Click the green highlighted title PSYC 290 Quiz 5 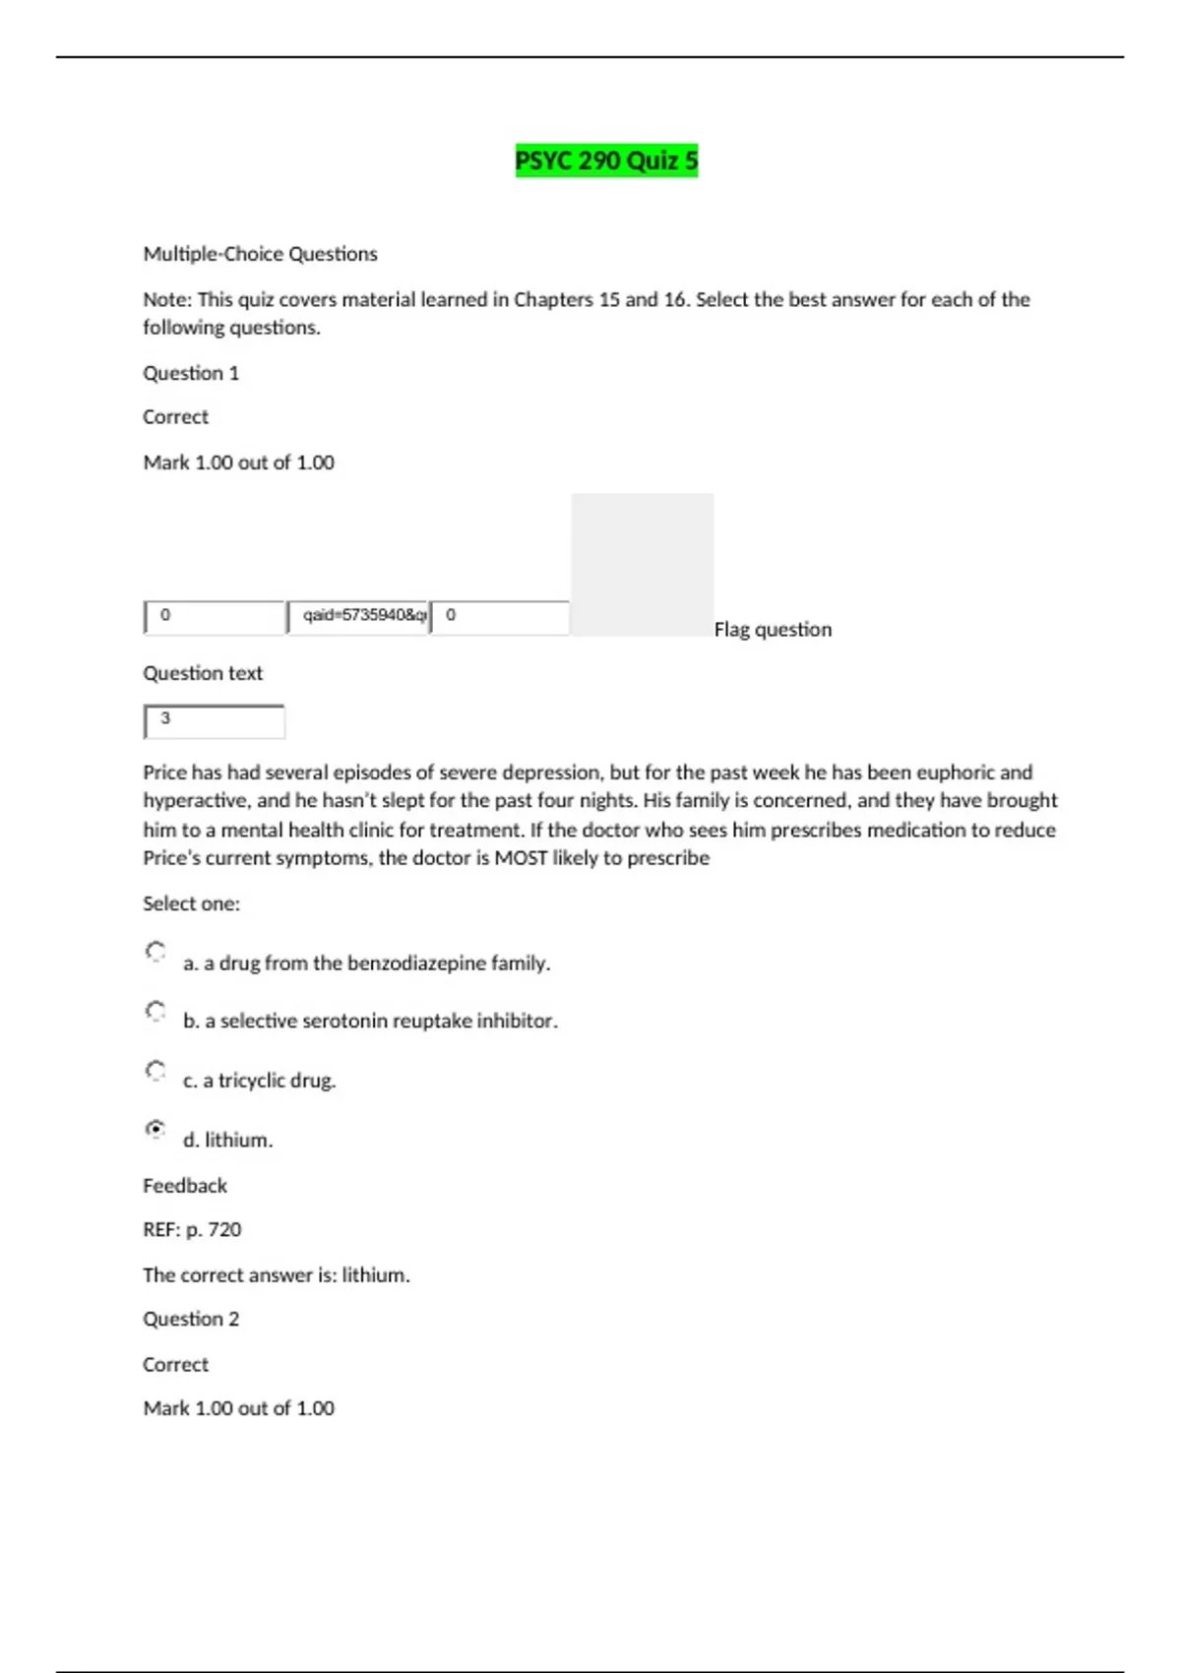tap(606, 160)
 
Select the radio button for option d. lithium tap(155, 1130)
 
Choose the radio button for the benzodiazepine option tap(155, 952)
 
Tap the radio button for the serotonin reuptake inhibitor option tap(155, 1011)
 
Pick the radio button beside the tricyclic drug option tap(155, 1070)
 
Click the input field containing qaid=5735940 tap(358, 617)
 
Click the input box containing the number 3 tap(214, 721)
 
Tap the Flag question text tap(773, 630)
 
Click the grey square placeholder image tap(642, 565)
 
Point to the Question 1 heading tap(191, 373)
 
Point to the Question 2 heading tap(191, 1319)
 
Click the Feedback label tap(185, 1186)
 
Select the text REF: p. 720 tap(192, 1229)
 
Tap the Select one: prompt tap(191, 903)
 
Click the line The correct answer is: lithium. tap(277, 1274)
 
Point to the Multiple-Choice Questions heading tap(260, 254)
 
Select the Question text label tap(203, 673)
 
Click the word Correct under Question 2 tap(175, 1364)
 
